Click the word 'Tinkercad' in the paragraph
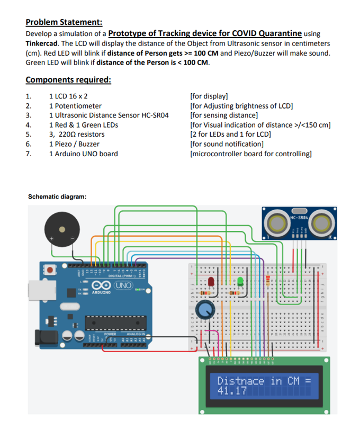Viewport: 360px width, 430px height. coord(42,43)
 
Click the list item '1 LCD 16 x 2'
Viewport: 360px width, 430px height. coord(68,96)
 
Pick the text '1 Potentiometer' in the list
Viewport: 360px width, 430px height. coord(74,105)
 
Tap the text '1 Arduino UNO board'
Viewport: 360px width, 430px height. coord(83,154)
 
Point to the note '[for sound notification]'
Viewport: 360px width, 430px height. coord(227,144)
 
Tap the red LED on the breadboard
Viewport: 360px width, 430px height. coord(210,281)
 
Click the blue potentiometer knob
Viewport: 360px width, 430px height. coord(206,308)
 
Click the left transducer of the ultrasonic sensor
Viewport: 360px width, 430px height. coord(277,222)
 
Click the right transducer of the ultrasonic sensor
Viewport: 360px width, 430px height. coord(322,222)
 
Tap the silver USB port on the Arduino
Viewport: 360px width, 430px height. coord(37,289)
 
